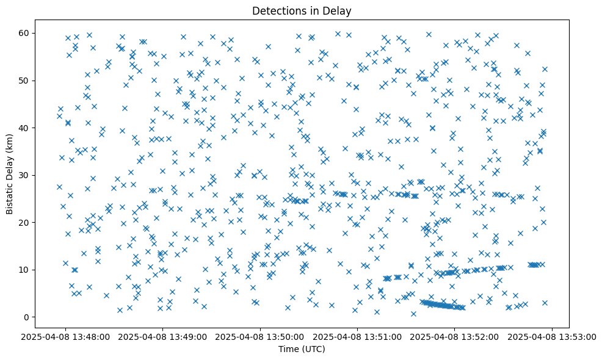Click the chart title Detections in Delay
coord(302,10)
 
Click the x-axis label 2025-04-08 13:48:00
coord(66,336)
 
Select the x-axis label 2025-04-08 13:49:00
coord(163,336)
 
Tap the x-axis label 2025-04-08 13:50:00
coord(260,336)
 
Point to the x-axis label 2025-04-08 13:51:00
coord(357,336)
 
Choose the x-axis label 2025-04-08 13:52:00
coord(454,336)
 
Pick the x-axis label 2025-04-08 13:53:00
coord(551,336)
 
